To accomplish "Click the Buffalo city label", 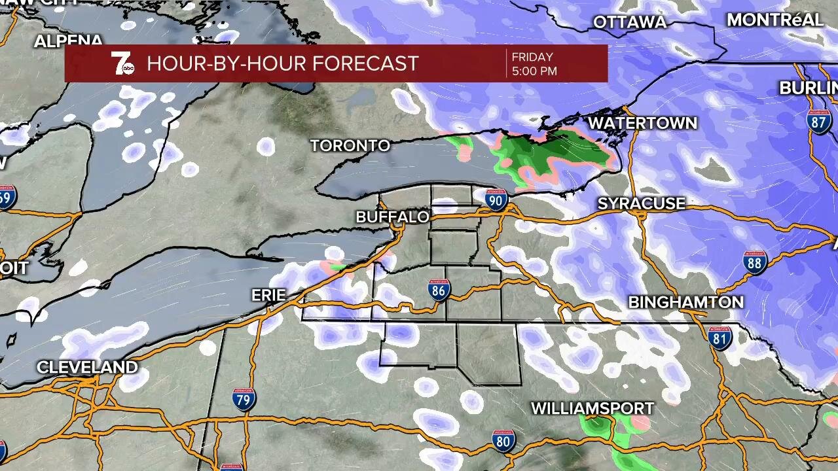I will click(392, 217).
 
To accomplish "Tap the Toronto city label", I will click(350, 146).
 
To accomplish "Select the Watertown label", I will click(642, 124).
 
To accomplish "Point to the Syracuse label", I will click(641, 204).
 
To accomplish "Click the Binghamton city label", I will click(685, 302).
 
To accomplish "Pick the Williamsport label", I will click(592, 409).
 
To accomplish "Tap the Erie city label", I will click(268, 296).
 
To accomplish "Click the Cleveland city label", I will click(87, 368).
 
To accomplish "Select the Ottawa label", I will click(629, 22).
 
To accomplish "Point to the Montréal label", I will click(774, 20).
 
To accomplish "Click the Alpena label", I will click(69, 41).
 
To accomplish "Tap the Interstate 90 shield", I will click(496, 200).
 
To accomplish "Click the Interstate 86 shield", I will click(439, 290).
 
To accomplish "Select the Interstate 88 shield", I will click(755, 262).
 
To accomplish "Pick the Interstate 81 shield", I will click(720, 338).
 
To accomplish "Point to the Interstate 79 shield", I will click(244, 398).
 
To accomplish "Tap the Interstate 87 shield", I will click(820, 122).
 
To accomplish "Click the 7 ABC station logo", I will click(122, 63).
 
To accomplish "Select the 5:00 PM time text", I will click(534, 71).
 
